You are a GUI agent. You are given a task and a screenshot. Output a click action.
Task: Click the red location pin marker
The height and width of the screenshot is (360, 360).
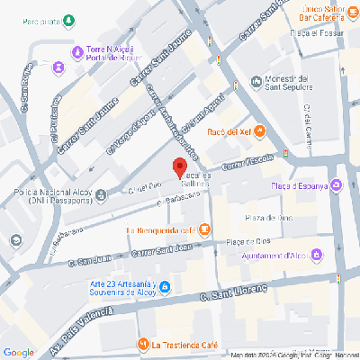click(x=179, y=167)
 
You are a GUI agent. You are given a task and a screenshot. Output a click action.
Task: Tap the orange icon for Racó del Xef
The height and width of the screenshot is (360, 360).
click(x=259, y=132)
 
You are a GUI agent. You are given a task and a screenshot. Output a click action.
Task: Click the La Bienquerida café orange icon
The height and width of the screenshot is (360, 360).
click(x=205, y=229)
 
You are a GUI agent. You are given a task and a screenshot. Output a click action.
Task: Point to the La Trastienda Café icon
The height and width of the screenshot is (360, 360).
click(x=142, y=345)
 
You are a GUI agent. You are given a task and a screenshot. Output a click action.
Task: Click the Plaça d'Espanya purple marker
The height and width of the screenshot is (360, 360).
click(x=336, y=186)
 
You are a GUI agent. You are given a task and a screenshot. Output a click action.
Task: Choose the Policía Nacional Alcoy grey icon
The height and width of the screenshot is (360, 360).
click(x=101, y=193)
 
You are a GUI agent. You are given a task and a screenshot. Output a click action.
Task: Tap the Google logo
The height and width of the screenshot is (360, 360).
click(x=18, y=351)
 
